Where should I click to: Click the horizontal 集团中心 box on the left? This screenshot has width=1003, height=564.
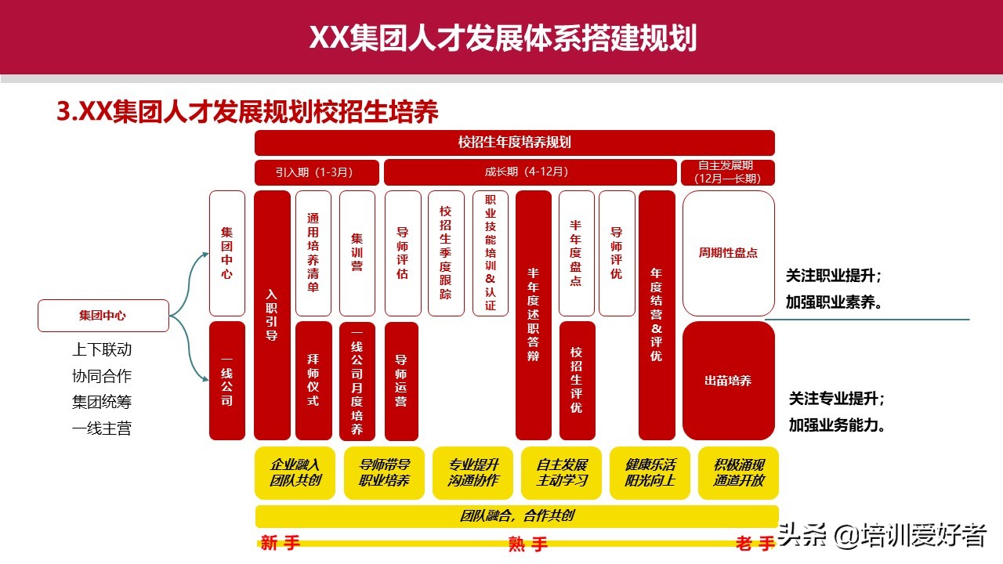103,316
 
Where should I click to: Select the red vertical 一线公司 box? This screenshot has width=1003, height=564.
227,381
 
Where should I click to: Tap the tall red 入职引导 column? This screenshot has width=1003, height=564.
272,315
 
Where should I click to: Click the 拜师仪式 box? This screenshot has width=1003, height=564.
313,381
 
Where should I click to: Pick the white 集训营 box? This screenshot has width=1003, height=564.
357,253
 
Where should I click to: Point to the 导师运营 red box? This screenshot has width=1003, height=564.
401,381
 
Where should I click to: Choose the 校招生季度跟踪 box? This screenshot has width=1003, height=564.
446,253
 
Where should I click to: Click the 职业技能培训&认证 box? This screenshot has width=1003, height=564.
491,253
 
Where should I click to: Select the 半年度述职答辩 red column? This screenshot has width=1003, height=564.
534,315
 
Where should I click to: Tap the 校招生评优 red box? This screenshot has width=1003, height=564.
578,381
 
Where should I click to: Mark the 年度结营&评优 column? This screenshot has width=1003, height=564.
657,315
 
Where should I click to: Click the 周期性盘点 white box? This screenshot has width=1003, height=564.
729,253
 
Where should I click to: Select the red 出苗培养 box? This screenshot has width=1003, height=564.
729,381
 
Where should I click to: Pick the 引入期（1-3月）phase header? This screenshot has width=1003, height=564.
317,172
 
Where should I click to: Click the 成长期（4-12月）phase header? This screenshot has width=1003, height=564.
530,172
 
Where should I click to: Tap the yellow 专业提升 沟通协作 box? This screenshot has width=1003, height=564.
473,472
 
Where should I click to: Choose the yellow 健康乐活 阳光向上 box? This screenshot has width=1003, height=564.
650,472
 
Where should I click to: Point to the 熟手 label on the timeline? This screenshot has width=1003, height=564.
527,544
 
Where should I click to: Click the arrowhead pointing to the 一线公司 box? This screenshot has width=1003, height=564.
205,380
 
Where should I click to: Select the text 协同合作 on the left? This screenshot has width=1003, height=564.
102,376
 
